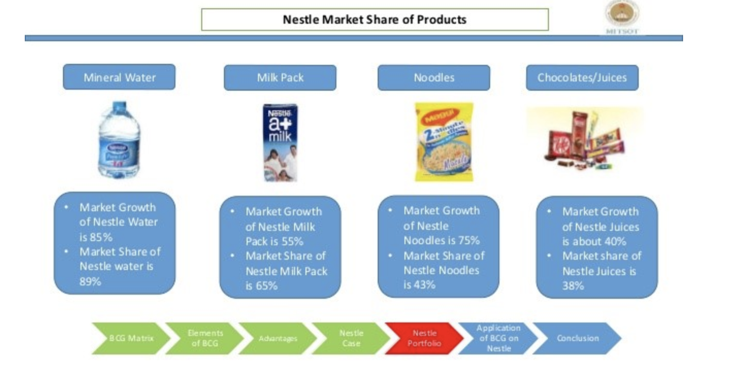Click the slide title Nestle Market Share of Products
pos(375,20)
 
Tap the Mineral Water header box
pos(119,77)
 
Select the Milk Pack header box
pos(280,78)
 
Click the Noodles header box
pos(434,78)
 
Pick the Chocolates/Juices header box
pos(582,78)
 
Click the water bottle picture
pos(119,142)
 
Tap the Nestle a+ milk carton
pos(280,142)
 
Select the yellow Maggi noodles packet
pos(444,142)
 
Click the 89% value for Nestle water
pos(90,281)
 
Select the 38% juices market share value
pos(573,285)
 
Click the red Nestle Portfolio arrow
pos(425,338)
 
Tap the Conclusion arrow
pos(577,338)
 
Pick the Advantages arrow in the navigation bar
pos(278,338)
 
